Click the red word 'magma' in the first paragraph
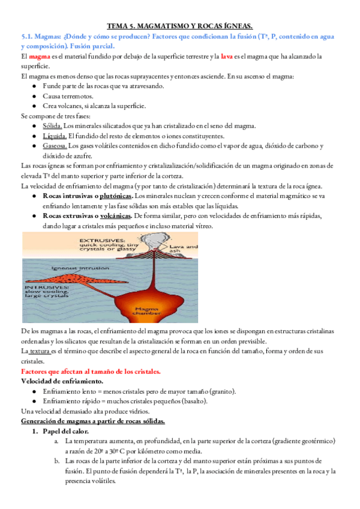pos(40,56)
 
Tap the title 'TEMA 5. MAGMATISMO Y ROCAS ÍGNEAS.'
pos(179,26)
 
